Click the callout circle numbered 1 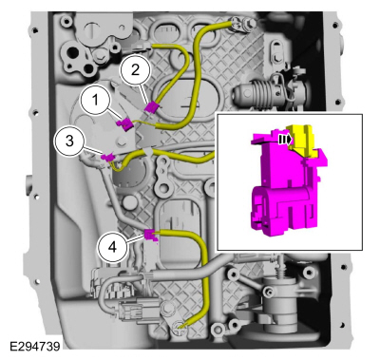tap(95, 101)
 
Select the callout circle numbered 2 tap(135, 70)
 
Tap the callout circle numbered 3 tap(69, 142)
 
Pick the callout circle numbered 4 tap(112, 247)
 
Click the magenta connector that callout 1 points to tap(125, 123)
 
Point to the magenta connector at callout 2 tap(151, 106)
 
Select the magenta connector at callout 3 tap(107, 157)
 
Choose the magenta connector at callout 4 tap(150, 235)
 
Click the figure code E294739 tap(34, 346)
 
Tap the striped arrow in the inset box tap(285, 140)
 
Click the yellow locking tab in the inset tap(301, 140)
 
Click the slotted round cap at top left tap(92, 29)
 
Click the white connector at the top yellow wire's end tap(141, 47)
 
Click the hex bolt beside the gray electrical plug tap(167, 307)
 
